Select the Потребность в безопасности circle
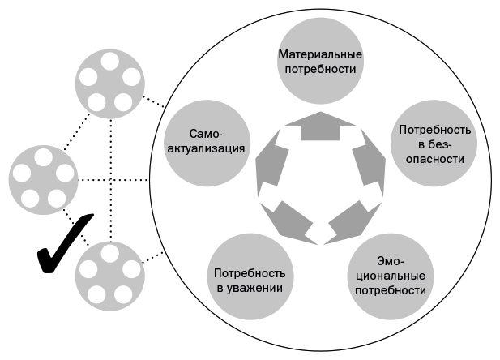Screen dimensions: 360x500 coord(430,144)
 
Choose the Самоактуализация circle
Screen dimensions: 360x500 coord(205,144)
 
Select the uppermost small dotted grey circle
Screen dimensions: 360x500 coord(109,82)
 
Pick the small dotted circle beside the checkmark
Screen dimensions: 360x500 coord(109,273)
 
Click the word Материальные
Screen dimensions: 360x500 coord(318,55)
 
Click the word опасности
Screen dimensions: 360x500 coord(430,158)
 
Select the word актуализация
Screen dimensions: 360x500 coord(205,151)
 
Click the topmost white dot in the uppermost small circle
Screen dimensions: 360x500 coord(109,62)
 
